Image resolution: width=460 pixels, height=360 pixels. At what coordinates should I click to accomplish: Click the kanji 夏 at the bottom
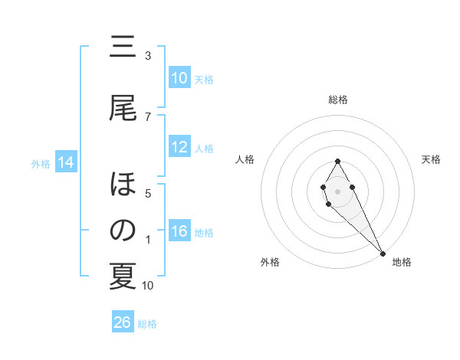[123, 277]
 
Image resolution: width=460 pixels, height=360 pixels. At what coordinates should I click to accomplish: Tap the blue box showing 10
[179, 78]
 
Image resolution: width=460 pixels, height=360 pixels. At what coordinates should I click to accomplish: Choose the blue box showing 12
[179, 147]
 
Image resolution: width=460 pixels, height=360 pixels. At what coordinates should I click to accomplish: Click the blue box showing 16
[179, 232]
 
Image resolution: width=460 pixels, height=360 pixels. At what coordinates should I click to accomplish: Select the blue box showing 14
[66, 162]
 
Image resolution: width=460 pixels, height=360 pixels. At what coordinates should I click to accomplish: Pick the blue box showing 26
[123, 322]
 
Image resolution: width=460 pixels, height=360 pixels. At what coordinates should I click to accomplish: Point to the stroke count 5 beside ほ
[148, 193]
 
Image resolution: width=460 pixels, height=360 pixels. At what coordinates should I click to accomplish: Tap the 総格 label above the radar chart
[337, 100]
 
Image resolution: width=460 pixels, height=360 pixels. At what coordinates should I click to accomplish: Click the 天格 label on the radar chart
[431, 159]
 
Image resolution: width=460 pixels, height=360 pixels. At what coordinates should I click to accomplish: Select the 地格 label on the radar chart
[402, 262]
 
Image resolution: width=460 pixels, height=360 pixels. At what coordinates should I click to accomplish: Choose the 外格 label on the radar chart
[270, 262]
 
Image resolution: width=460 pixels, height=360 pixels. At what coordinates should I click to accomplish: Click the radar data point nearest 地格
[383, 253]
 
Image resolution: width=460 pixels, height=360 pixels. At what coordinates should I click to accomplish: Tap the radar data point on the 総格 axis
[337, 161]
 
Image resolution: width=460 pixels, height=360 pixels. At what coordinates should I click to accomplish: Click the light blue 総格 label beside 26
[147, 323]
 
